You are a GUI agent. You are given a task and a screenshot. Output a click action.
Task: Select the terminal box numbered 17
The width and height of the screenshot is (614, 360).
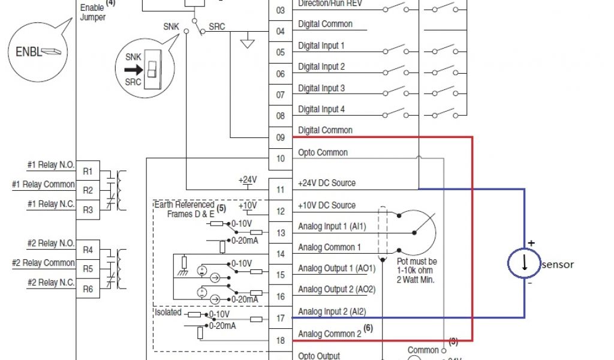point(280,319)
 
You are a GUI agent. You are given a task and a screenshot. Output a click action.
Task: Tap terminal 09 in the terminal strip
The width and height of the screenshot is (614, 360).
point(280,137)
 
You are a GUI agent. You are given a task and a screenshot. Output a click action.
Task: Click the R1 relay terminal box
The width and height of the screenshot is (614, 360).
point(88,172)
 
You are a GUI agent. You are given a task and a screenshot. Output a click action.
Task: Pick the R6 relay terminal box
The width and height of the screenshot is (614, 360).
point(88,289)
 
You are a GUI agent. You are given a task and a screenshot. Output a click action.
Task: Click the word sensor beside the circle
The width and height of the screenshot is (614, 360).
point(558,265)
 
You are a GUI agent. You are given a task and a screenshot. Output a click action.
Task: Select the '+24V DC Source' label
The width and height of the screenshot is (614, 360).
point(327,183)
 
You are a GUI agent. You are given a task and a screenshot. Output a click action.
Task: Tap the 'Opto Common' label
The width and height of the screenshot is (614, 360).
point(323,152)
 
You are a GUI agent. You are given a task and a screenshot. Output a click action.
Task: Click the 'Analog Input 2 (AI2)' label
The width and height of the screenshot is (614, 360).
point(332,311)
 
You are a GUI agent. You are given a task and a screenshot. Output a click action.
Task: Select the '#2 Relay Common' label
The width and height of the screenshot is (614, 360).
point(43,263)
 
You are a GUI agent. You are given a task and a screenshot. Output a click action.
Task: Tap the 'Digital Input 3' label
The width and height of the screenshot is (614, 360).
point(321,88)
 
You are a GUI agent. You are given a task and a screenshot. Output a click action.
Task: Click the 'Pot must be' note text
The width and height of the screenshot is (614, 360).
point(417,262)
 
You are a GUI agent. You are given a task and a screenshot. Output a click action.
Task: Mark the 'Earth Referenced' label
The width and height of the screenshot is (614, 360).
point(184,205)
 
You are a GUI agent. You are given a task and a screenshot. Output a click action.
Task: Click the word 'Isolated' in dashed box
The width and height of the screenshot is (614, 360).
point(168,313)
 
